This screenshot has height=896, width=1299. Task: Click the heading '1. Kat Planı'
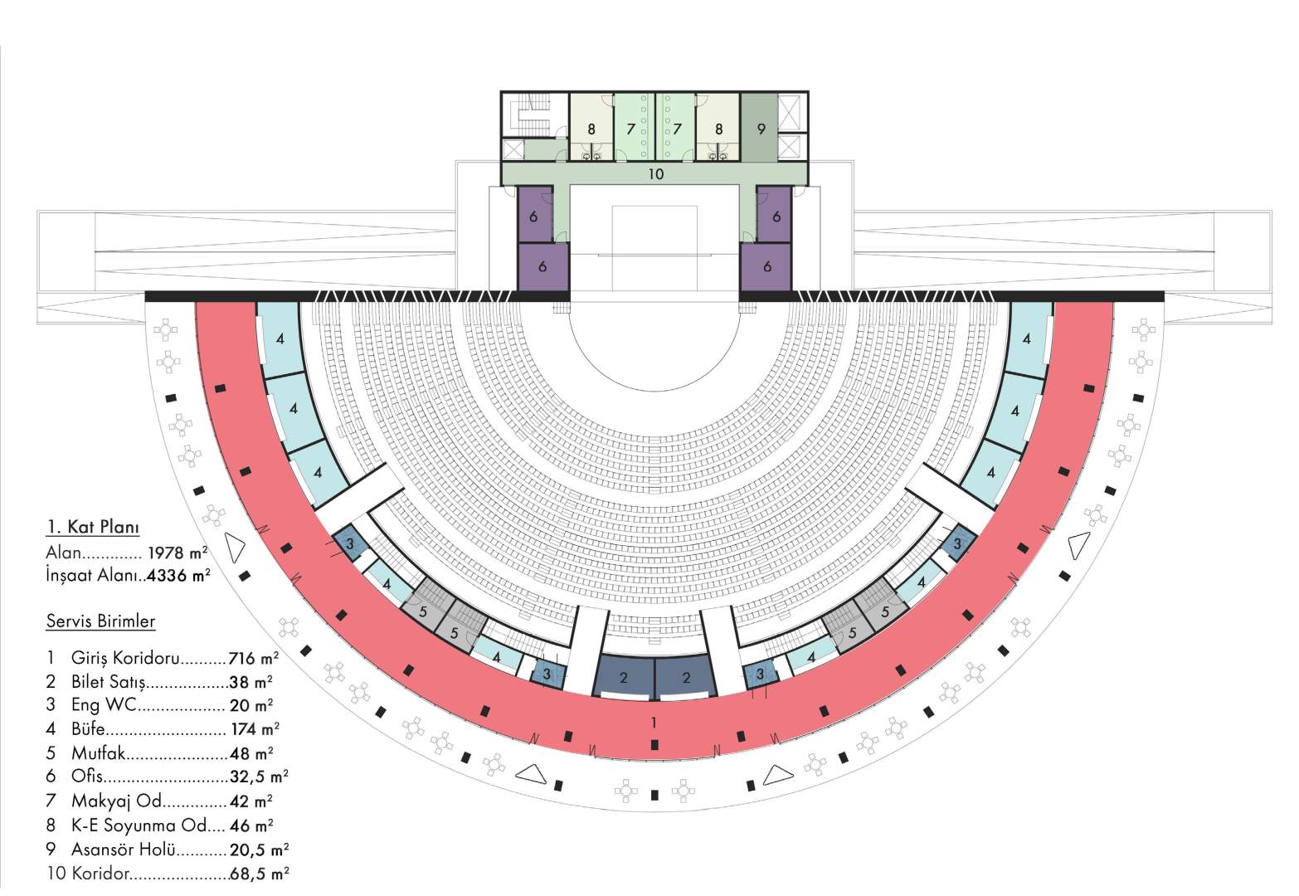tap(93, 527)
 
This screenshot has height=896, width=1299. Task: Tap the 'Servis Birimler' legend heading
tap(101, 621)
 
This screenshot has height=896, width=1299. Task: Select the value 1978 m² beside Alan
tap(178, 552)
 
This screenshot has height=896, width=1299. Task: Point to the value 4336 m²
tap(178, 575)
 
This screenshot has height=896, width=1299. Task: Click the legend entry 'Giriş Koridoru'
tap(125, 658)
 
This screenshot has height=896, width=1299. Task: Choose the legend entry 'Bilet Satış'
tap(109, 681)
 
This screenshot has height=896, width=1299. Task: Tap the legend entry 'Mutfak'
tap(98, 752)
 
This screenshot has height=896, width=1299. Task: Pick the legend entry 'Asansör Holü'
tap(124, 849)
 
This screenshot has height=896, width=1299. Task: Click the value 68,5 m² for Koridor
tap(260, 873)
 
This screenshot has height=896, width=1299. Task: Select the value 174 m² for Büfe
tap(255, 728)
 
